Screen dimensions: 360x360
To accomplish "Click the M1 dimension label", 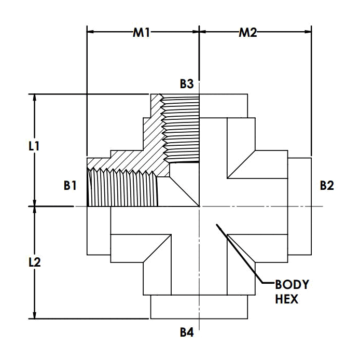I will (141, 33).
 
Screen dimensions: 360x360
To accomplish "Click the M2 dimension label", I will (247, 33).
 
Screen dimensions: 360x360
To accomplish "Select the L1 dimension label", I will (34, 146).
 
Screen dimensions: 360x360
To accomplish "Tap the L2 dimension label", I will (34, 262).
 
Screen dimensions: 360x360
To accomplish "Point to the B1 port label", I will (71, 185).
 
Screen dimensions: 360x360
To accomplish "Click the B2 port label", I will (326, 185).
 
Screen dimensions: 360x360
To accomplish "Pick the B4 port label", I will (187, 333).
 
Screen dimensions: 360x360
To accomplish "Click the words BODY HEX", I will (291, 292).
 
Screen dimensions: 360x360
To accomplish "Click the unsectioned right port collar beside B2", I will (299, 206).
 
